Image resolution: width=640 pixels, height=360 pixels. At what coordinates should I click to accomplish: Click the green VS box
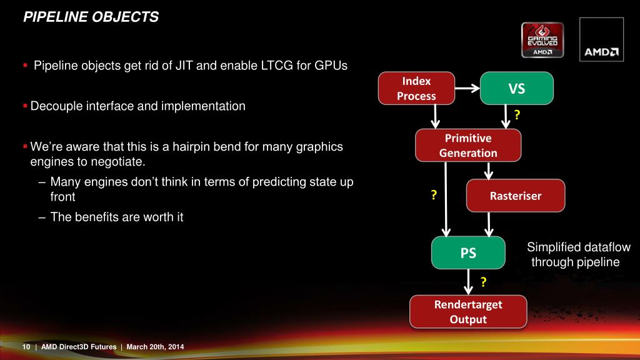(516, 89)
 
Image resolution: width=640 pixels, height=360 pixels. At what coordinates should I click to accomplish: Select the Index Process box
(416, 88)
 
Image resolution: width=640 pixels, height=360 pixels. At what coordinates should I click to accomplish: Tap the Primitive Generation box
(468, 146)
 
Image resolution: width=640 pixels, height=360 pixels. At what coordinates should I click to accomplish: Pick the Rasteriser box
(516, 196)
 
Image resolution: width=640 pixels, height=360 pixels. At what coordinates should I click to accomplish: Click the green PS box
(468, 253)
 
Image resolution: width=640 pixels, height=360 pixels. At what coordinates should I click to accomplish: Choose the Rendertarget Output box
(468, 312)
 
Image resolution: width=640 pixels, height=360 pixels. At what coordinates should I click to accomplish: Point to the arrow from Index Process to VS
(466, 88)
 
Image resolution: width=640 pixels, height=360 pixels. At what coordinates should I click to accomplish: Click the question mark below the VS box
(517, 114)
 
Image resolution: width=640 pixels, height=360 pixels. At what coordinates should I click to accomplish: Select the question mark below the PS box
(483, 283)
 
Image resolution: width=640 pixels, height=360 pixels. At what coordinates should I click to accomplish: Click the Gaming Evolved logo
(542, 40)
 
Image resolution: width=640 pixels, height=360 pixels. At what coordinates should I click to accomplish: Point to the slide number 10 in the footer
(26, 347)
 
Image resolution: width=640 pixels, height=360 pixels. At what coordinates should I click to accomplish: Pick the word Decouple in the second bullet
(54, 106)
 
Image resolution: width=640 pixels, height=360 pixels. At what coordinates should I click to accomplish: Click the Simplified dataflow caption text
(577, 254)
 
